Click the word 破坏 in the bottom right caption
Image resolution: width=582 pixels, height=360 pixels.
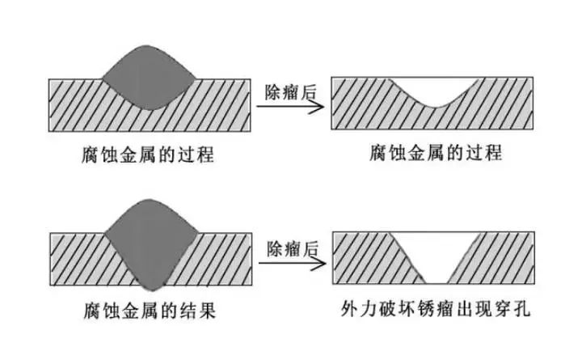[x=397, y=310]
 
